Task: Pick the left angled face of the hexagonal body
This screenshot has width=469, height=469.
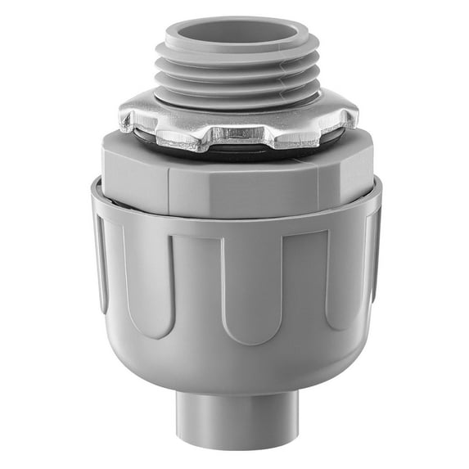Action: tap(135, 172)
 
